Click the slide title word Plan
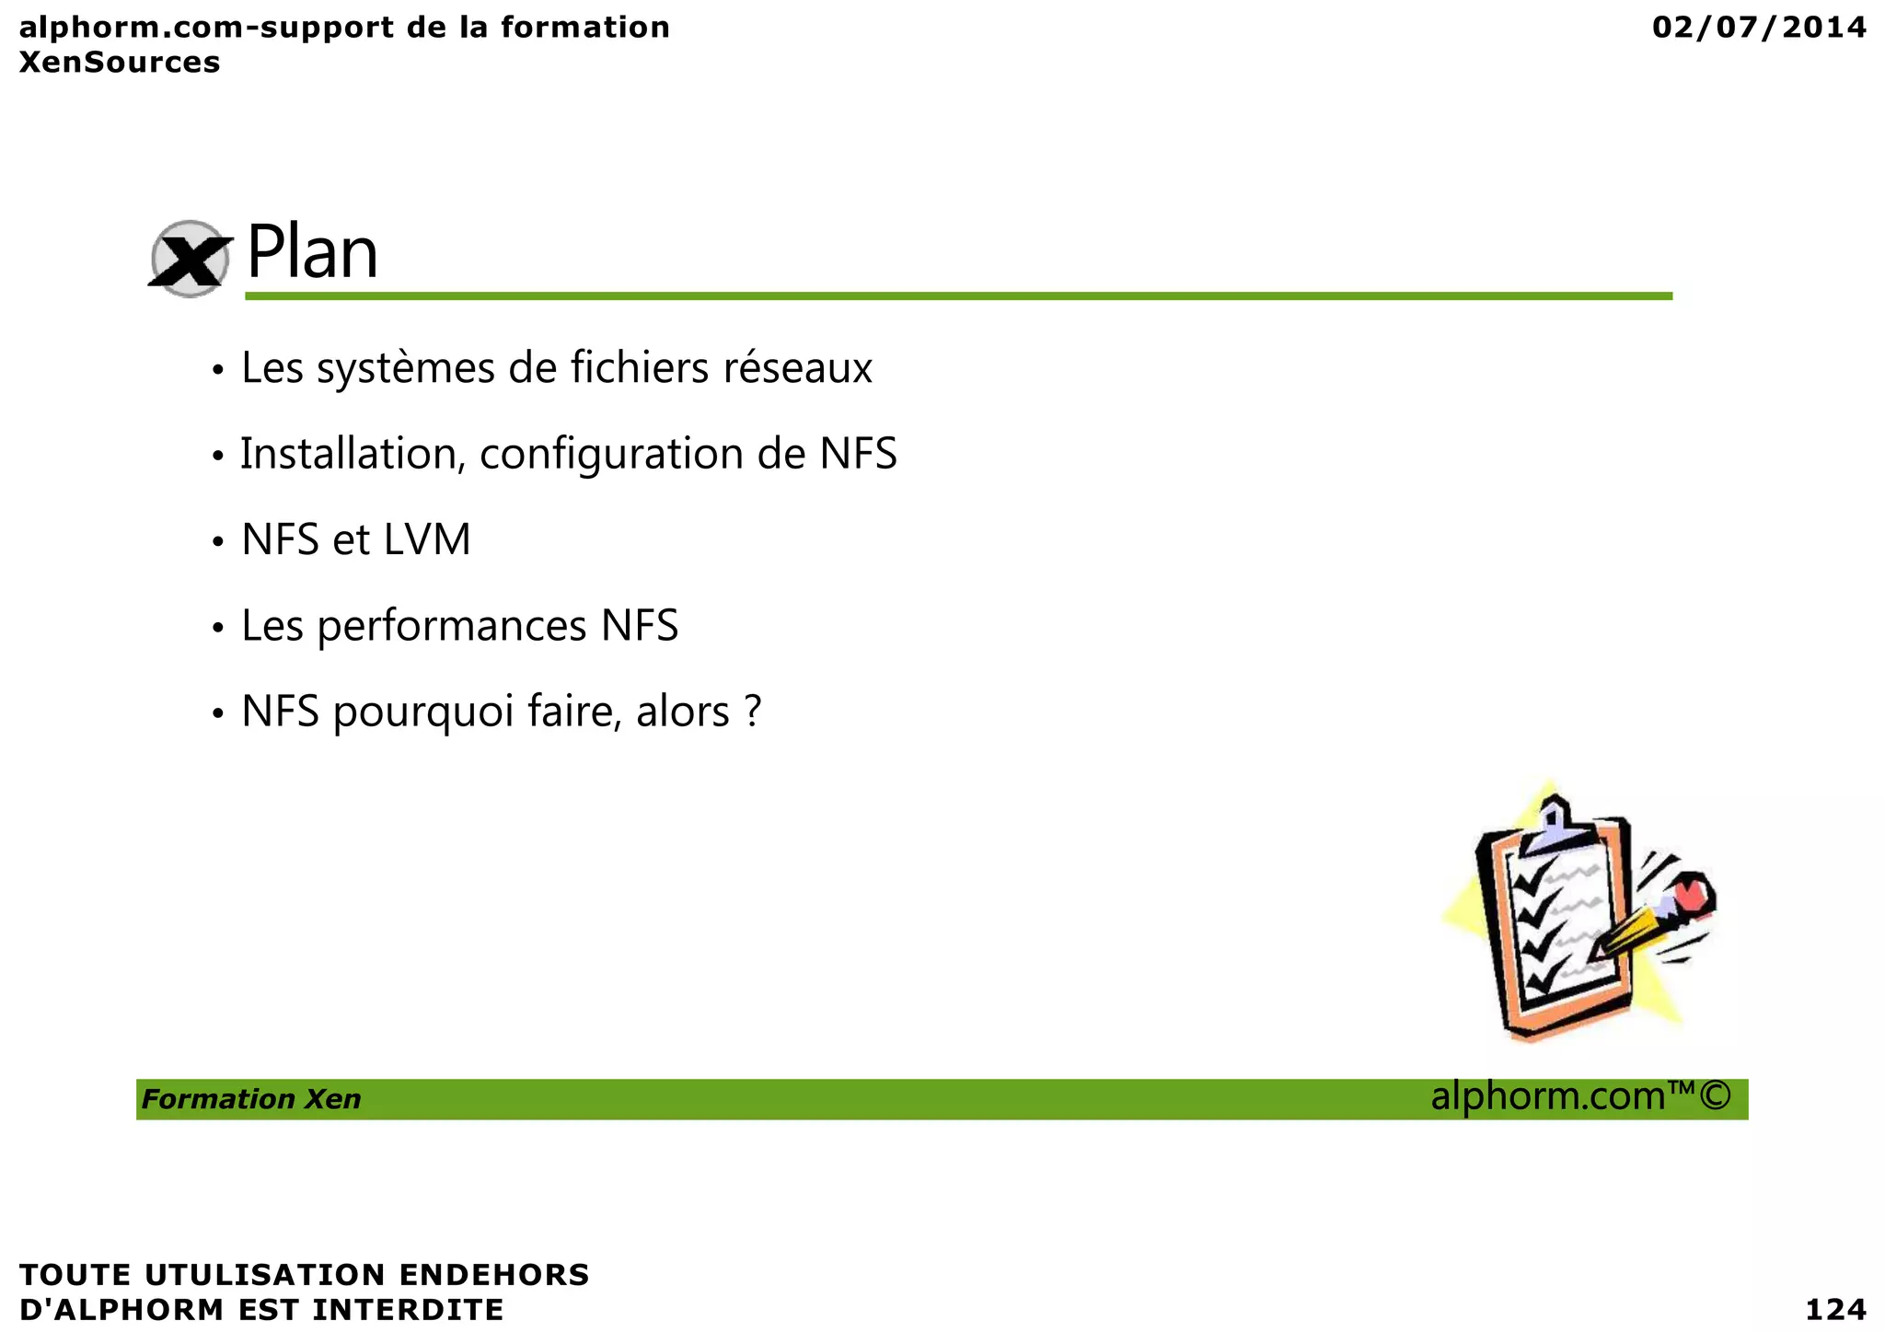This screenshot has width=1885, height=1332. pos(312,253)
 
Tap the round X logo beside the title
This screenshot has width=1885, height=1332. pos(190,259)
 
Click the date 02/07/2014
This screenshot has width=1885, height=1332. pos(1759,28)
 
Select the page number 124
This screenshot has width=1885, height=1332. pos(1835,1309)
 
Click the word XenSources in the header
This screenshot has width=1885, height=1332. pos(120,63)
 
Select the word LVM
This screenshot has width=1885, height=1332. pos(427,540)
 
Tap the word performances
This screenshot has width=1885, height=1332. pos(452,627)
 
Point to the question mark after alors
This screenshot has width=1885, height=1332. pos(752,711)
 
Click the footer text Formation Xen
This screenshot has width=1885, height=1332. pos(251,1099)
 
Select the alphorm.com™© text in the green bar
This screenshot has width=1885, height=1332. pos(1580,1097)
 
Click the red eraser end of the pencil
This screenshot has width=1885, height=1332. pos(1692,894)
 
